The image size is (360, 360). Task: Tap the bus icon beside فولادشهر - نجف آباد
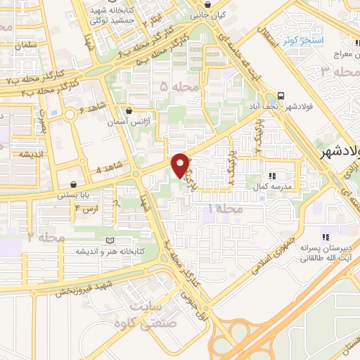pos(281,96)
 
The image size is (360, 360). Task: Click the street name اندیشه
pos(32,155)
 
